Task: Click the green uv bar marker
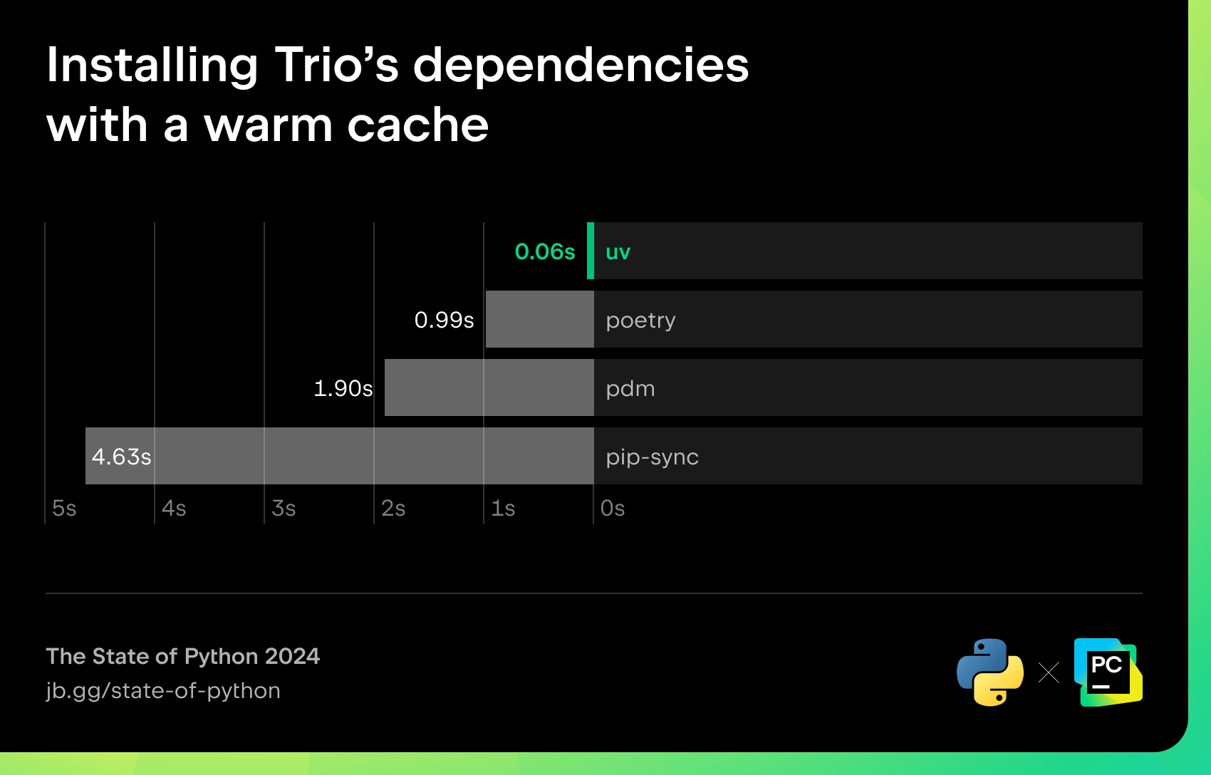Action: click(591, 251)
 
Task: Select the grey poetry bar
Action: click(539, 319)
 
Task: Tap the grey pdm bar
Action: click(489, 387)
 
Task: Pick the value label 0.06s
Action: click(545, 252)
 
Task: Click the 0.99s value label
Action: click(444, 320)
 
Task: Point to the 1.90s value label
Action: click(343, 389)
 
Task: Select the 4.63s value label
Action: click(121, 457)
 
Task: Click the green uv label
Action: click(618, 252)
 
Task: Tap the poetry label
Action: click(640, 321)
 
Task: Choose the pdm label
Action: click(630, 389)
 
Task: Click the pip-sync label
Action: click(652, 457)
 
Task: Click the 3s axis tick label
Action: click(284, 509)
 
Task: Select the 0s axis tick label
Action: click(613, 509)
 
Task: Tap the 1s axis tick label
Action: click(503, 509)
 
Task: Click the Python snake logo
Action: click(990, 672)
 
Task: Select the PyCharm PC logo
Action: click(1108, 672)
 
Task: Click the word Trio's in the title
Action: click(336, 66)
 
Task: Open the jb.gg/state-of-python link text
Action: click(162, 691)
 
